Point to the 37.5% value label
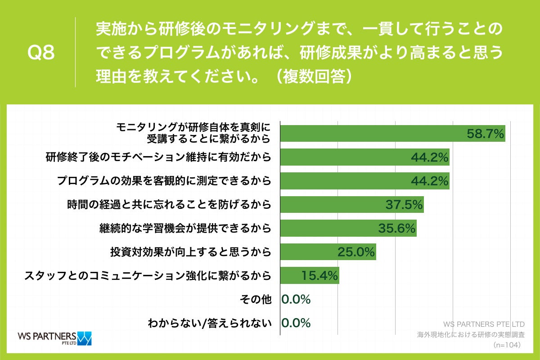[x=404, y=205]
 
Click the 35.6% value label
[x=396, y=228]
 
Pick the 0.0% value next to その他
[x=296, y=299]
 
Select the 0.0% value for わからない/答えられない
[x=296, y=323]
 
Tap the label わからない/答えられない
[x=210, y=323]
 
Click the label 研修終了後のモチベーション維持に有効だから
[x=158, y=157]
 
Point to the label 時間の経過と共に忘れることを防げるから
[x=169, y=205]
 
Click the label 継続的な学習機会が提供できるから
[x=185, y=228]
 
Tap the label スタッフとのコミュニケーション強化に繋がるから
[x=148, y=275]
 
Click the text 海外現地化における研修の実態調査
[x=471, y=334]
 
